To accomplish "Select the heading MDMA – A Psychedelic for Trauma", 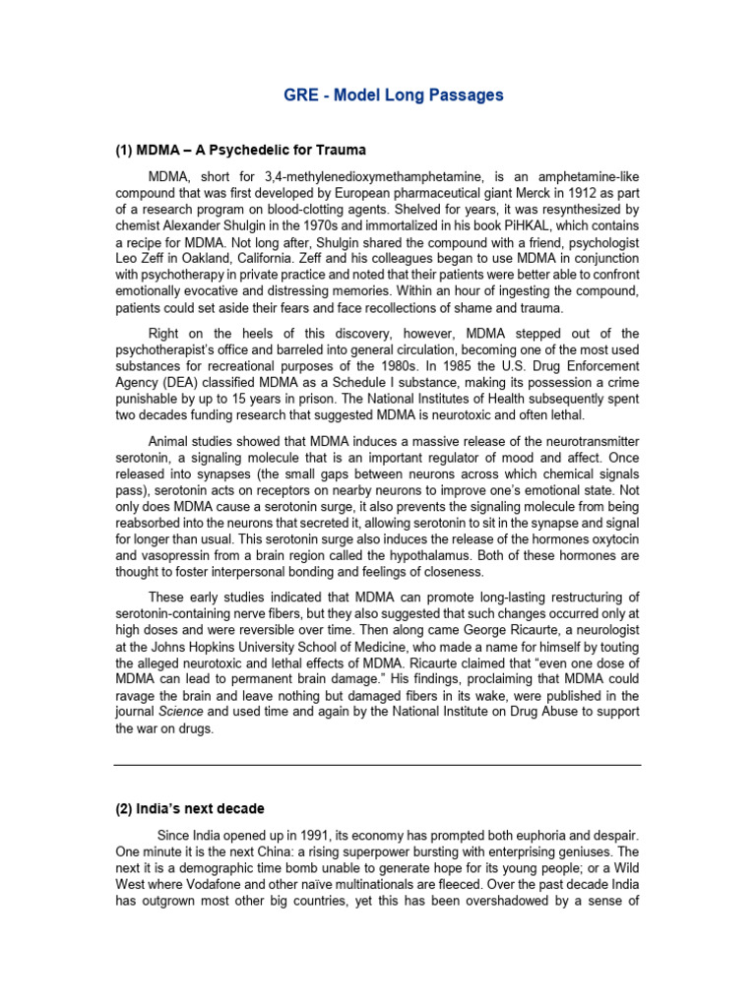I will point(240,151).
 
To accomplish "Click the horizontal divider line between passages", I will point(377,765).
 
